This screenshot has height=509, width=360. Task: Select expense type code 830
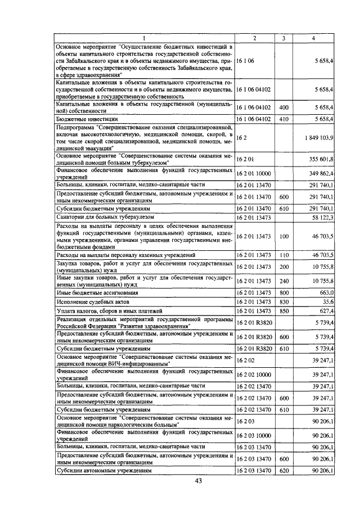click(283, 302)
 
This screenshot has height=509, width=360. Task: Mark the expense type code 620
click(283, 471)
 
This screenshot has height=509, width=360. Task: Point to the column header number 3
click(283, 38)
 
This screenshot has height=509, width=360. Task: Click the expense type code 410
click(283, 119)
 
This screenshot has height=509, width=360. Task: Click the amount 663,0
click(326, 293)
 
